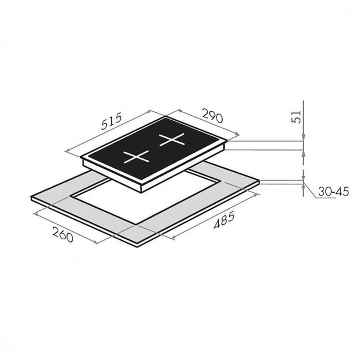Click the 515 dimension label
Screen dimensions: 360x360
(111, 121)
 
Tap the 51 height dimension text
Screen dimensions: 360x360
(296, 117)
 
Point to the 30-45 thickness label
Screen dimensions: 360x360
(333, 192)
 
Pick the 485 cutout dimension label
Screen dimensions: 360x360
(224, 220)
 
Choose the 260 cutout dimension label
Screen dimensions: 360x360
(63, 234)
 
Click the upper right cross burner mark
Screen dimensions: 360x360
(172, 140)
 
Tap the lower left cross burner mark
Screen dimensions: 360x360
(136, 157)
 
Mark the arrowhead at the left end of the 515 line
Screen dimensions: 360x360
(68, 151)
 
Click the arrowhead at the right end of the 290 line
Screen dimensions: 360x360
(236, 133)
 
